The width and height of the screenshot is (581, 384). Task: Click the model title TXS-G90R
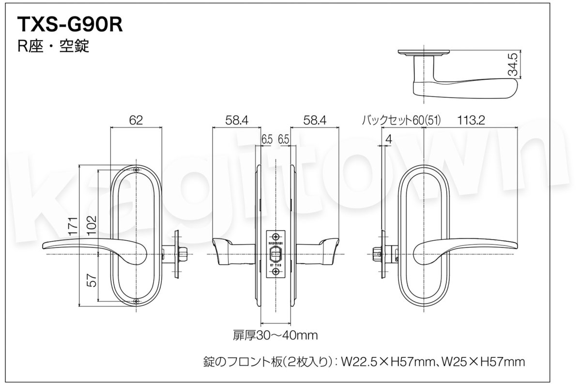[x=70, y=25]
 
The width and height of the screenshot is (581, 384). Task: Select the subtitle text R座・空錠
[x=53, y=46]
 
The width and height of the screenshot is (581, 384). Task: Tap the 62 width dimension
[x=136, y=121]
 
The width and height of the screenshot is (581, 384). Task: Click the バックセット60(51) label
[x=401, y=121]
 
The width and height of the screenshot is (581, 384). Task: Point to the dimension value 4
[x=388, y=139]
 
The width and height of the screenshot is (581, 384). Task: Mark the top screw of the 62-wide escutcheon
[x=136, y=170]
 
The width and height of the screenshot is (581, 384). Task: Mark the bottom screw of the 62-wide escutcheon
[x=136, y=303]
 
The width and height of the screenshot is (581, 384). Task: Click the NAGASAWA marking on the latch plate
[x=275, y=240]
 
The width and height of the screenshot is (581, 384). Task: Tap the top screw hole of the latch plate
[x=275, y=233]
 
